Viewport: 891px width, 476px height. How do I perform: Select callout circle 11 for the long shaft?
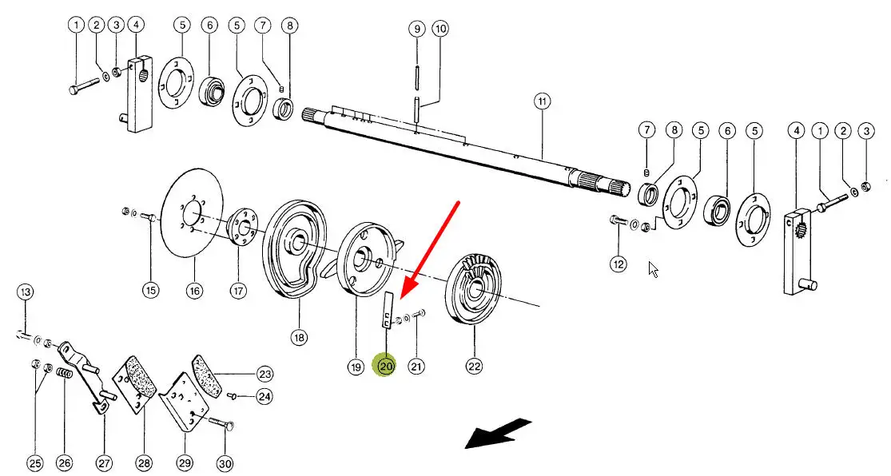[x=543, y=101]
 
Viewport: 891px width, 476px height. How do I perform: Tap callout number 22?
[x=475, y=367]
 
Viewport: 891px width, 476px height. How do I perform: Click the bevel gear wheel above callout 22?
[x=477, y=287]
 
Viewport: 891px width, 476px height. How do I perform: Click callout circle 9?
[x=416, y=30]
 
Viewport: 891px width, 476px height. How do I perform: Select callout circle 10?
[x=440, y=30]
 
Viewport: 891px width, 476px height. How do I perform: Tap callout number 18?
[x=299, y=338]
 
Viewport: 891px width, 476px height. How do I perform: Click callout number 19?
[x=356, y=367]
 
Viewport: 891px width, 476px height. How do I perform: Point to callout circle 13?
[x=26, y=293]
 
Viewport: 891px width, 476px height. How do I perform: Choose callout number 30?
[x=225, y=462]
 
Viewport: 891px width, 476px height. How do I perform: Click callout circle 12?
[x=619, y=264]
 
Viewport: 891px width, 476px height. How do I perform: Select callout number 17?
[x=238, y=291]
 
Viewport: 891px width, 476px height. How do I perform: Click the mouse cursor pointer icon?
[x=654, y=269]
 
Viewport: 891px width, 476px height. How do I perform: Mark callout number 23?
[x=265, y=373]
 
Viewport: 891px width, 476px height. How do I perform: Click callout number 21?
[x=416, y=367]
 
